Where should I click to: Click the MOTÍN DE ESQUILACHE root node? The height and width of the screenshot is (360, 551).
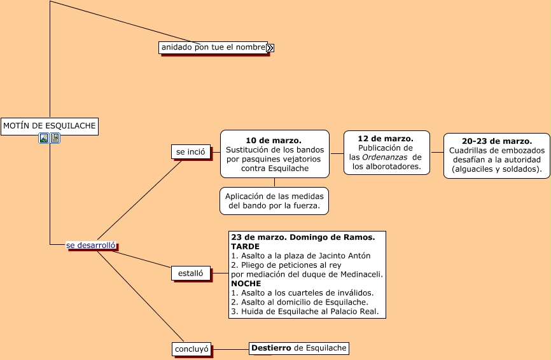(50, 126)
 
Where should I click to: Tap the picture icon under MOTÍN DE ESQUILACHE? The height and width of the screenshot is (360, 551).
(44, 138)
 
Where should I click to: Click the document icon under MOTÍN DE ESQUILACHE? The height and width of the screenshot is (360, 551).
(55, 138)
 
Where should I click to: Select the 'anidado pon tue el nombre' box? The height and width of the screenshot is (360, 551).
(213, 48)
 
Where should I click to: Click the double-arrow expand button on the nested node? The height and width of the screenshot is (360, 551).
(270, 48)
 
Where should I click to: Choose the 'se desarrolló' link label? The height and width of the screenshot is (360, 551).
(91, 245)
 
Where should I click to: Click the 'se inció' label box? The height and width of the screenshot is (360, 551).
(191, 152)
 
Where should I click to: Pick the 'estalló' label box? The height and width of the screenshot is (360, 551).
(190, 273)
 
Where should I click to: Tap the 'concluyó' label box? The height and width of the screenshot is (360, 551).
(191, 349)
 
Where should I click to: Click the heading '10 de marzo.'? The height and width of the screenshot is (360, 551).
(274, 140)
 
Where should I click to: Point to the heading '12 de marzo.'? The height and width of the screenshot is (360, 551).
(386, 138)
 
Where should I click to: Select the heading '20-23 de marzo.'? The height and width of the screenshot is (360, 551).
(496, 141)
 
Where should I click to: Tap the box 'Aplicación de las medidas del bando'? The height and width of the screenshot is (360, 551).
(275, 201)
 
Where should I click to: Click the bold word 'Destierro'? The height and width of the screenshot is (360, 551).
(271, 348)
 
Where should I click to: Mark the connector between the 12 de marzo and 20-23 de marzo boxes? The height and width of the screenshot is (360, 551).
(436, 153)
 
